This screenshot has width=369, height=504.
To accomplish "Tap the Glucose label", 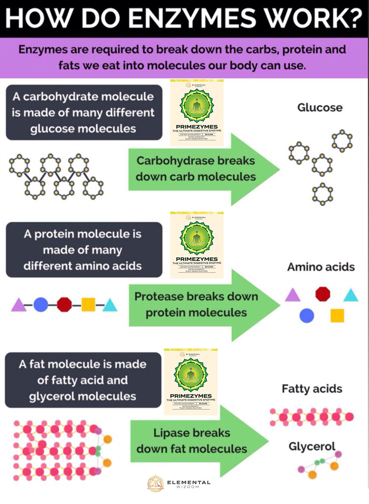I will click(320, 108).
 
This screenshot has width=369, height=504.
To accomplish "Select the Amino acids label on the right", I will click(321, 267).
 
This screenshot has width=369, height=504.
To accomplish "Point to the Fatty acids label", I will click(312, 389).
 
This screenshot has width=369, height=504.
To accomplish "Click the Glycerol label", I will click(312, 446).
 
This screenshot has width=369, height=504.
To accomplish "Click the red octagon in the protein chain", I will click(64, 305).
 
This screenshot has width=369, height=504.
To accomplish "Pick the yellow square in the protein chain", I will click(88, 305).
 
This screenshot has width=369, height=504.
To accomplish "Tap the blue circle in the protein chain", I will click(41, 305).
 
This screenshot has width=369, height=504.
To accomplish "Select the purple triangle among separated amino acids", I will click(293, 295).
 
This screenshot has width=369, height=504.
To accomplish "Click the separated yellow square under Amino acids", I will click(337, 316).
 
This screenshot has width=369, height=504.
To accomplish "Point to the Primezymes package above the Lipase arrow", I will click(191, 381).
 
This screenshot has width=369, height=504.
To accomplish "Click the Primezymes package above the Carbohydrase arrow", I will click(197, 112).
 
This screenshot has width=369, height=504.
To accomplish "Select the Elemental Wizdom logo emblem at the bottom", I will click(156, 483).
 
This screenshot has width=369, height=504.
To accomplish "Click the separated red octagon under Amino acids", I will click(323, 294).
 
